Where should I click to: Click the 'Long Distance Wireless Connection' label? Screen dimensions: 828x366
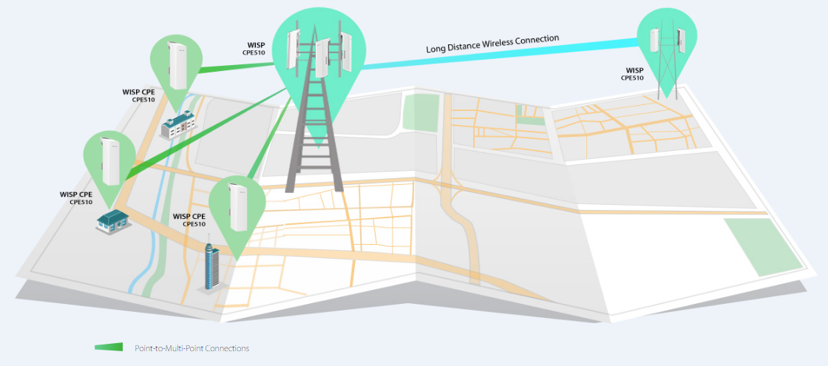[492, 44]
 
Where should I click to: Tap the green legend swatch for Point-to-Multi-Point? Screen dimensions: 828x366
[109, 347]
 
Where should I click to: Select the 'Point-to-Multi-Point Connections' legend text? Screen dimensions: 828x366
[191, 348]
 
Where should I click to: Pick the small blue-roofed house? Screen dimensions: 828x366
[113, 221]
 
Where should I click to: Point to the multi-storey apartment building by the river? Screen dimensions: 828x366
[178, 126]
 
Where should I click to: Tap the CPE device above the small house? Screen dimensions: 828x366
[112, 160]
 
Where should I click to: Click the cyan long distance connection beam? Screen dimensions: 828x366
[500, 54]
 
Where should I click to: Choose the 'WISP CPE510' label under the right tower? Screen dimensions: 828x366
[634, 74]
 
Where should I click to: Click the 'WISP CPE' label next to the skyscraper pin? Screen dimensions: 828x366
[189, 220]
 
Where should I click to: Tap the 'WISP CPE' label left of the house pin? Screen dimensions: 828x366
[77, 197]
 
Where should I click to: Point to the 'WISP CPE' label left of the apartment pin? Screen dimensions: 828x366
[139, 95]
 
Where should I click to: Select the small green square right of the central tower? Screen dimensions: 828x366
[421, 112]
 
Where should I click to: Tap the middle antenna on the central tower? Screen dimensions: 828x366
[321, 58]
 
